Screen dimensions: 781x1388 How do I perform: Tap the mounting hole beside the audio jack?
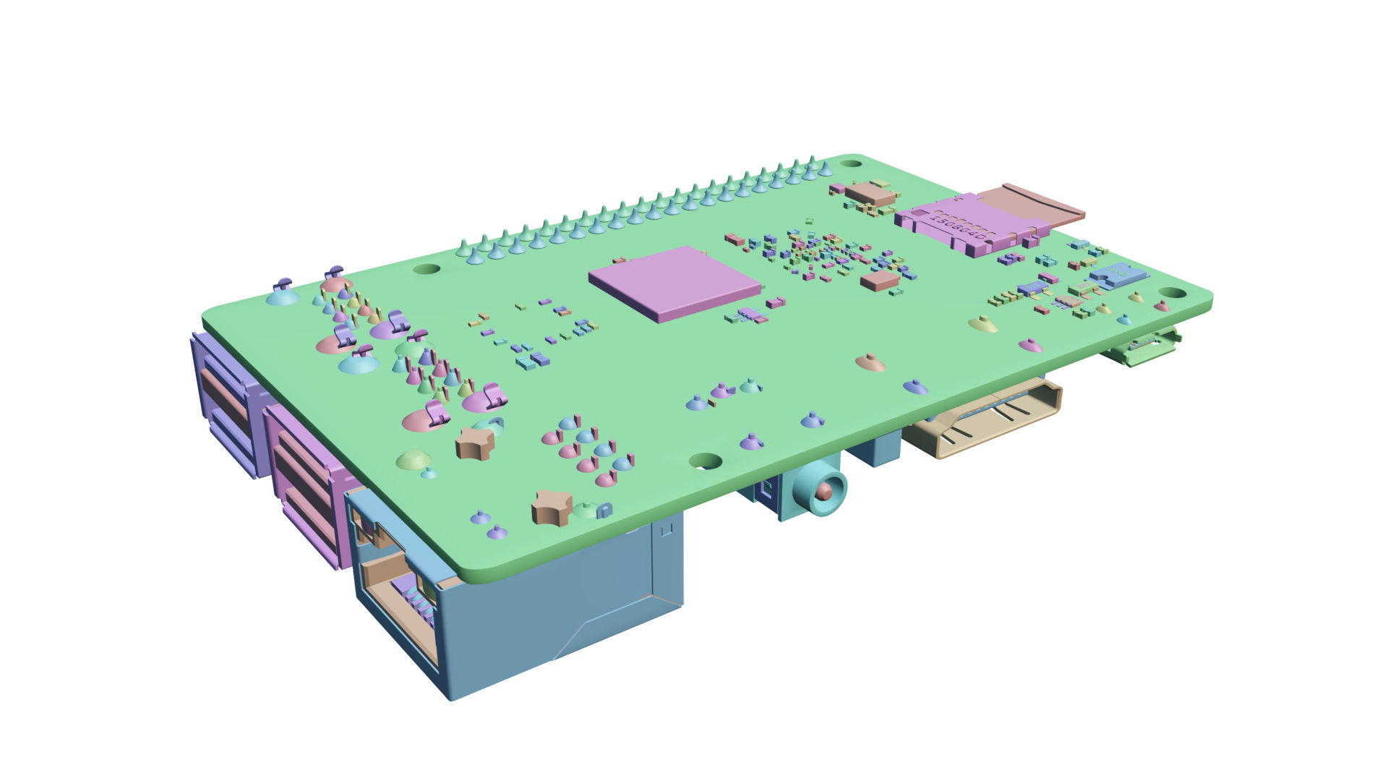pyautogui.click(x=706, y=460)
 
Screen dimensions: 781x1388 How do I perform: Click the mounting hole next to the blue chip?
pyautogui.click(x=1173, y=293)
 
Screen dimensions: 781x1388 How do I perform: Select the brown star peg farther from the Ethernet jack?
pyautogui.click(x=475, y=443)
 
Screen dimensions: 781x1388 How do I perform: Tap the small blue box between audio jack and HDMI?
pyautogui.click(x=875, y=448)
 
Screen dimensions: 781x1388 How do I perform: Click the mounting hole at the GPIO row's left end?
pyautogui.click(x=427, y=269)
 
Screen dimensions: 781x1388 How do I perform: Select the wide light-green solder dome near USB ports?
pyautogui.click(x=414, y=459)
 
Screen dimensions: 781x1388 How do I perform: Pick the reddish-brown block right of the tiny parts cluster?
pyautogui.click(x=880, y=281)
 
